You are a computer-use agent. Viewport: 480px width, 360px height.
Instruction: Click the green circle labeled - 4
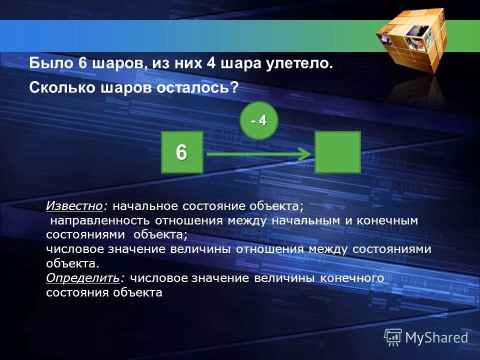coord(258,120)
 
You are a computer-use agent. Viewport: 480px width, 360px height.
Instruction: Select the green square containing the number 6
coord(182,152)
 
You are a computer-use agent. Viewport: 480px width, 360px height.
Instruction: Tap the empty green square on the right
coord(337,152)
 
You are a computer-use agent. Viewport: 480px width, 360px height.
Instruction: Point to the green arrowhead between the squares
coord(303,154)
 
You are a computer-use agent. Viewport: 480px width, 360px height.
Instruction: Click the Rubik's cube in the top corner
coord(410,40)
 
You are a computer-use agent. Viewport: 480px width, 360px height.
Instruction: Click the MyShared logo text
coord(436,337)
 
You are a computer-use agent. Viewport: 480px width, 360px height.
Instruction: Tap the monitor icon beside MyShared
coord(393,337)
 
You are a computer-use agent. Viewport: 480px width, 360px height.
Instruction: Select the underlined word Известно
coord(75,206)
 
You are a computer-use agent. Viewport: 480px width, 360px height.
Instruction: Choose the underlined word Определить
coord(83,277)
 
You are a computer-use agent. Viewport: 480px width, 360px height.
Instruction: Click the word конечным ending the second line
coord(388,220)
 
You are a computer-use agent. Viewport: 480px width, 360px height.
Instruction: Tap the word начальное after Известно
coord(145,206)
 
